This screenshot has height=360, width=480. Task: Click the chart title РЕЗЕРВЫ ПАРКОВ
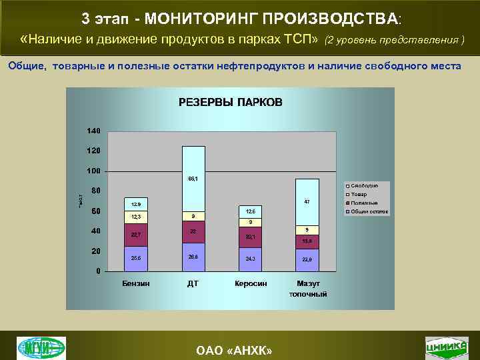coord(230,102)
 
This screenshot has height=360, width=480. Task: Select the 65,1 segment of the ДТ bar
coord(193,179)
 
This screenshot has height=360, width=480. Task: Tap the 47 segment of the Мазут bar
coord(307,201)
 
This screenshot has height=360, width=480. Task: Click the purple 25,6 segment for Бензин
coord(136,258)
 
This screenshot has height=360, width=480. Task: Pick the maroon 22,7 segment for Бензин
coord(136,235)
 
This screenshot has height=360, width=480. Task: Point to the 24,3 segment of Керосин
coord(250,259)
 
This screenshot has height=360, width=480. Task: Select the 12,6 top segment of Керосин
coord(250,211)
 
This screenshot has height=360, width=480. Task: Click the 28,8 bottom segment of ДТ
coord(193,257)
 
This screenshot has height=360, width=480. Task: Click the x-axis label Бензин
coord(136,283)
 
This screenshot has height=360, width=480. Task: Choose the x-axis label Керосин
coord(251,283)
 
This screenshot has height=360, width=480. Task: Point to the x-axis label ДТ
coord(193,283)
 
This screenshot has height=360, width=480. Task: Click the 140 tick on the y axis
coord(93,130)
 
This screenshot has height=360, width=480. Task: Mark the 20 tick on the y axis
coord(96,251)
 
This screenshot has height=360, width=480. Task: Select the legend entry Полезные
coord(364,203)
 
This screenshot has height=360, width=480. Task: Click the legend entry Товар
coord(359,194)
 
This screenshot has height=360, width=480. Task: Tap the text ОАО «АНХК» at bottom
coord(240,351)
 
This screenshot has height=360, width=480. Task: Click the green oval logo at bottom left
coord(41,347)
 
